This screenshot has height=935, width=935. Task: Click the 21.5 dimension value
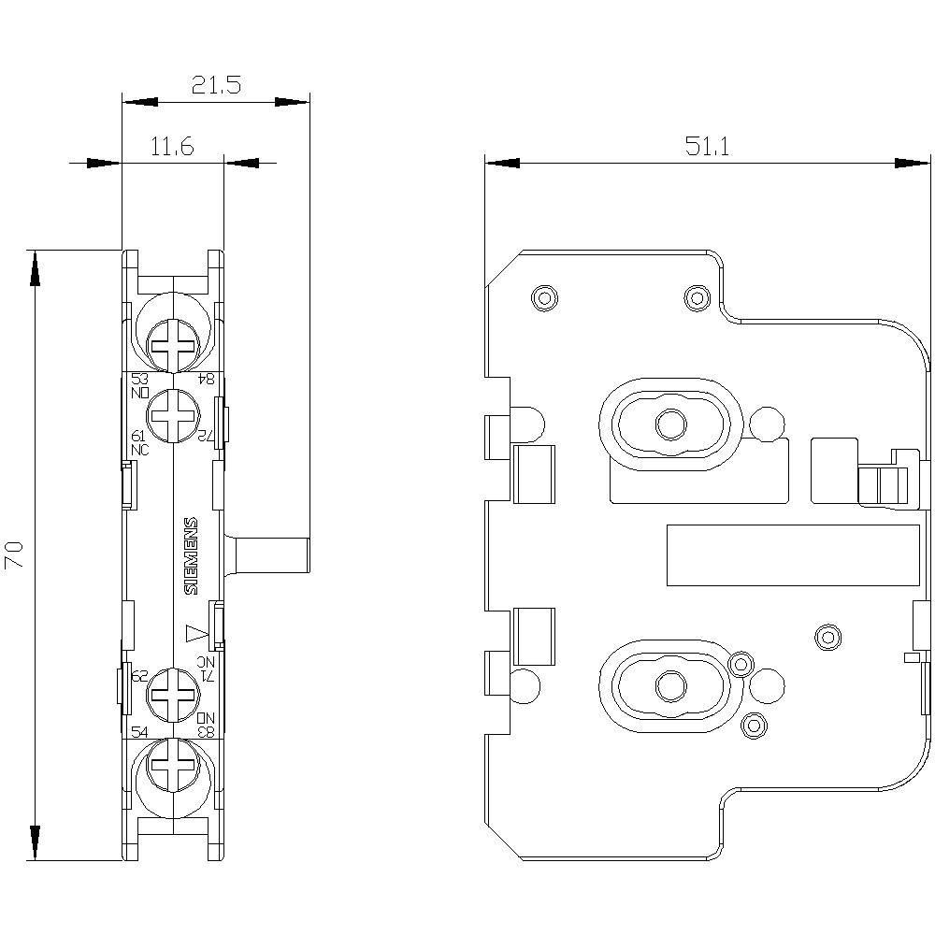[x=216, y=85]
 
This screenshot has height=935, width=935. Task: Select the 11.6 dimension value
[x=171, y=147]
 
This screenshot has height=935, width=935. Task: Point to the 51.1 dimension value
[x=708, y=147]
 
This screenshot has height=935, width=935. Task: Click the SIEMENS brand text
[x=190, y=555]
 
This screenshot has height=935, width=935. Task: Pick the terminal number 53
[x=139, y=379]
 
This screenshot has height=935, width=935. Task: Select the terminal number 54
[x=138, y=731]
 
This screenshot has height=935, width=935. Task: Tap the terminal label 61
[x=138, y=437]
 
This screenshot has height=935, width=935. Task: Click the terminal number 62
[x=138, y=675]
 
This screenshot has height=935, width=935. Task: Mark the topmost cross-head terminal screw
[x=174, y=343]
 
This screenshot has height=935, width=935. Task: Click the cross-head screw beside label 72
[x=174, y=414]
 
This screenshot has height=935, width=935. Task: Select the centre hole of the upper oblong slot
[x=669, y=424]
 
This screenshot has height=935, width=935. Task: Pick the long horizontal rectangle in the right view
[x=791, y=555]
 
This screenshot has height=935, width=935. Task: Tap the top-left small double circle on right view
[x=543, y=298]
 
